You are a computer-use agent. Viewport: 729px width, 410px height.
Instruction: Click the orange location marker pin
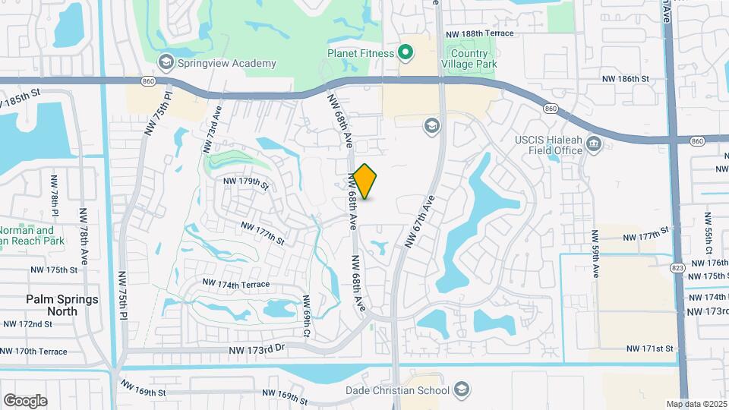point(365,181)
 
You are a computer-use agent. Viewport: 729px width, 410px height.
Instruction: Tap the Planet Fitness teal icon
point(406,53)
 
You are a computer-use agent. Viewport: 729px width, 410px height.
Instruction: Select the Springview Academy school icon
point(164,61)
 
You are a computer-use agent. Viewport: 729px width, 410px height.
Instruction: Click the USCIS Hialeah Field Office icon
point(594,143)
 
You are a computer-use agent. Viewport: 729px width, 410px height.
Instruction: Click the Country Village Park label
point(469,59)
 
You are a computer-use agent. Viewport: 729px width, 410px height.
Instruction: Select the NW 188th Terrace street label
point(479,33)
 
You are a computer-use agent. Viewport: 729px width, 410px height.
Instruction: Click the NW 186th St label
point(626,78)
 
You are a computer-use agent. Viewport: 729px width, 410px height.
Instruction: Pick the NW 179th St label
point(246,182)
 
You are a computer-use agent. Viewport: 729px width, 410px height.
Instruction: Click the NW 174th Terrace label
point(235,284)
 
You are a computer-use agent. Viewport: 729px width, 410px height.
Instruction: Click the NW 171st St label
point(649,348)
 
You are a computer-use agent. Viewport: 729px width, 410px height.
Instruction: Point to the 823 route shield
point(678,268)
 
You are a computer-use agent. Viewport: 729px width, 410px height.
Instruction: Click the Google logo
point(25,401)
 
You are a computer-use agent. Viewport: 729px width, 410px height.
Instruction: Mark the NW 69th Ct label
point(307,317)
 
